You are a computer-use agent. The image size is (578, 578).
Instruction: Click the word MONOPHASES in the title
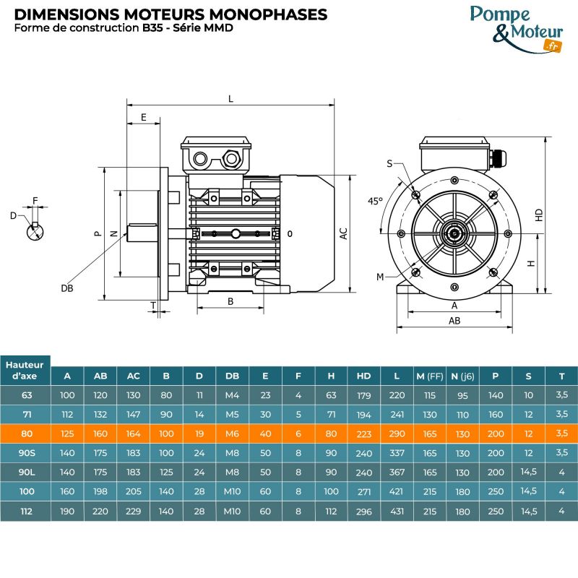[x=271, y=14]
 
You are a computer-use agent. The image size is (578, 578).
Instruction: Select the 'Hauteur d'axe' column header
[x=25, y=370]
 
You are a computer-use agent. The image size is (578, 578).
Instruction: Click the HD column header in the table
[x=363, y=376]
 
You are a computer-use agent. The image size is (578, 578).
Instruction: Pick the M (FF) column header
[x=430, y=376]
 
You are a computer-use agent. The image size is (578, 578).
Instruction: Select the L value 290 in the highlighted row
[x=397, y=433]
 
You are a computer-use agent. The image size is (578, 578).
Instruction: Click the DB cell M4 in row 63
[x=232, y=395]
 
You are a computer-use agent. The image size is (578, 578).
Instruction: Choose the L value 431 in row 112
[x=397, y=512]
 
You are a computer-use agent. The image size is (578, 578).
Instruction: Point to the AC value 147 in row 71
[x=134, y=415]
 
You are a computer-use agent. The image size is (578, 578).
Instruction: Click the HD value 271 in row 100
[x=363, y=492]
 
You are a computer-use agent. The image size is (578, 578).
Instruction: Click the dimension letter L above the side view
[x=230, y=100]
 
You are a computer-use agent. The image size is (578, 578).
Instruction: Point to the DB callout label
[x=67, y=288]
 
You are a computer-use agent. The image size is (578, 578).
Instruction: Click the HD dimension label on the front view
[x=539, y=215]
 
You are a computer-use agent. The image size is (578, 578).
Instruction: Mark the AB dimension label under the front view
[x=454, y=320]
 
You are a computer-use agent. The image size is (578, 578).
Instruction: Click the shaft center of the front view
[x=454, y=233]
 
